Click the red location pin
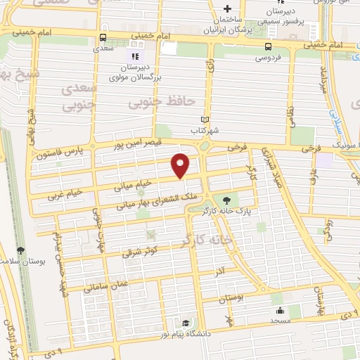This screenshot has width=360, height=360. tap(181, 165)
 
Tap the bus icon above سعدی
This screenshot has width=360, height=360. tap(103, 37)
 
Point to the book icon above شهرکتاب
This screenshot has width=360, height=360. tap(205, 120)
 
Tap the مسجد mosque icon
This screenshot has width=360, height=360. tap(279, 309)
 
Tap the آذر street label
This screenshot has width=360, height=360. tap(220, 270)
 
